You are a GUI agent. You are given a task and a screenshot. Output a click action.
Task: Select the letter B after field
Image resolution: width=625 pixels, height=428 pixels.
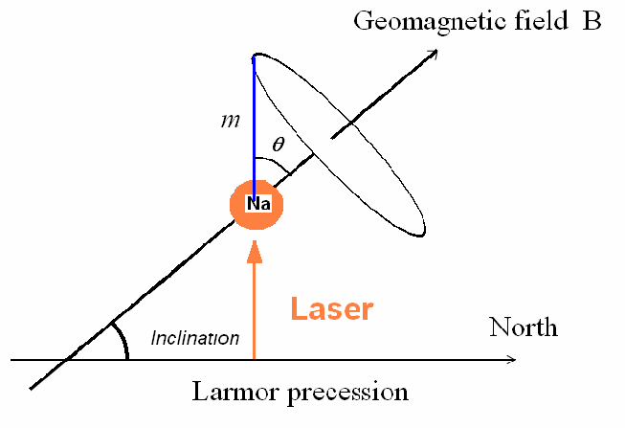[592, 21]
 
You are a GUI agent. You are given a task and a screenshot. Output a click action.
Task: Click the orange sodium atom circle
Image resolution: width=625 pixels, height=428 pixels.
[257, 205]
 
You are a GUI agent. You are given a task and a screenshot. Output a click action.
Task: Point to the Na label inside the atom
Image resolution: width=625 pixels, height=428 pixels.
[258, 204]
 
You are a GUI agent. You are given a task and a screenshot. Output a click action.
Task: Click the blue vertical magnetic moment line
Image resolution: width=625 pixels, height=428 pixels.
[254, 127]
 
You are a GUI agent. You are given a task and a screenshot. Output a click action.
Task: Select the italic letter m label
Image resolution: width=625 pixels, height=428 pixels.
[231, 121]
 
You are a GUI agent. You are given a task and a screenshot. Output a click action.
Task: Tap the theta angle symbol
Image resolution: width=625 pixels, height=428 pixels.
[279, 144]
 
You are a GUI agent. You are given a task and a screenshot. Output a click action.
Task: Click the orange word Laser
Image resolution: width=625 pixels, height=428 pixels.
[332, 308]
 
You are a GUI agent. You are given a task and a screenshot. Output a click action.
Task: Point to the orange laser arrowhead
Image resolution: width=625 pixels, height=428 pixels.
[255, 252]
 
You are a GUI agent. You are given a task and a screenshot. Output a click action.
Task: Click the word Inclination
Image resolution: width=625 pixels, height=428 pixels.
[195, 338]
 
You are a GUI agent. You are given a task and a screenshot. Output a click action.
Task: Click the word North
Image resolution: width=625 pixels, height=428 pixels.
[523, 327]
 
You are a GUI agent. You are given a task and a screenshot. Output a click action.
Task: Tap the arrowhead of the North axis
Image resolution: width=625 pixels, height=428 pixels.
[511, 359]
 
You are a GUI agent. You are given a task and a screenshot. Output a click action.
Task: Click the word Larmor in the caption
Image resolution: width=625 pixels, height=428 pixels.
[234, 392]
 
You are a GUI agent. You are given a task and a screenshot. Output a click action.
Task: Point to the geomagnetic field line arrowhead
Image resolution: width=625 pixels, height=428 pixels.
[432, 55]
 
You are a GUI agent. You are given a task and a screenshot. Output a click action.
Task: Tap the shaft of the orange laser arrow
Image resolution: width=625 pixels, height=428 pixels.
[255, 311]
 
